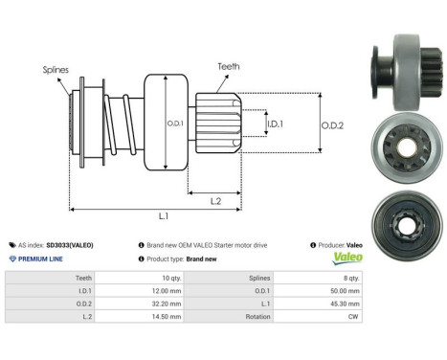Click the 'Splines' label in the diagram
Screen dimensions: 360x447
coord(55,70)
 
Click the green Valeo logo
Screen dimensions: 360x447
coord(342,259)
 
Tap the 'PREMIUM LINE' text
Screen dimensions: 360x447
coord(41,259)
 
